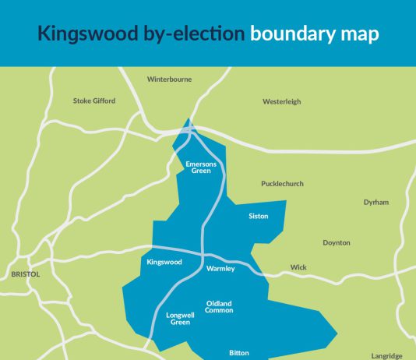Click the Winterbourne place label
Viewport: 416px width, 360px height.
169,79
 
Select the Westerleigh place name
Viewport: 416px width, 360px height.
281,101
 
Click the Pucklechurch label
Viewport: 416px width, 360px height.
282,184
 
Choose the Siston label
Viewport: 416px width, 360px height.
258,216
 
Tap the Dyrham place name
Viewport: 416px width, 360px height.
375,202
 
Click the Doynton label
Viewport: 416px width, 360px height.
337,242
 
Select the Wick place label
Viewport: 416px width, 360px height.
298,267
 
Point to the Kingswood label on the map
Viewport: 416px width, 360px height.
164,262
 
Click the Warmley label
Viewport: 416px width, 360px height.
220,269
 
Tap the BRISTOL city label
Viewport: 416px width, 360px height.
25,274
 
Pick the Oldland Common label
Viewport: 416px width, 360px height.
220,306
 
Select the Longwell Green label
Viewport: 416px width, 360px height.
179,318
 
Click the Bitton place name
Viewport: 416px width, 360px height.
238,353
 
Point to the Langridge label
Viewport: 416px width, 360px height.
386,356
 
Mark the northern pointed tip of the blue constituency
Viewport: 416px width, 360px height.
189,119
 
